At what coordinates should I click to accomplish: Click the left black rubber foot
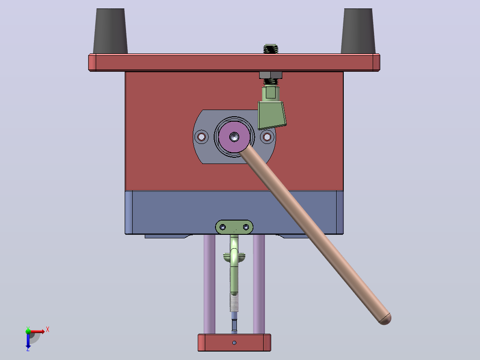(x=110, y=31)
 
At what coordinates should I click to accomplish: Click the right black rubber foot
(x=358, y=31)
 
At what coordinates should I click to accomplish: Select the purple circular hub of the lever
(x=234, y=137)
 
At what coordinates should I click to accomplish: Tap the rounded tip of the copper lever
(x=385, y=319)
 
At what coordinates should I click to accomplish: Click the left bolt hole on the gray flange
(x=201, y=137)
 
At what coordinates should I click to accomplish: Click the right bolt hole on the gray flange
(x=267, y=137)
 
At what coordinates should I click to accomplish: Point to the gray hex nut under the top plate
(x=271, y=75)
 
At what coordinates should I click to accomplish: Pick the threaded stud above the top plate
(x=271, y=49)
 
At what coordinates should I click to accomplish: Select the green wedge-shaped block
(x=272, y=115)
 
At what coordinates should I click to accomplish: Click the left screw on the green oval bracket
(x=223, y=227)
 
